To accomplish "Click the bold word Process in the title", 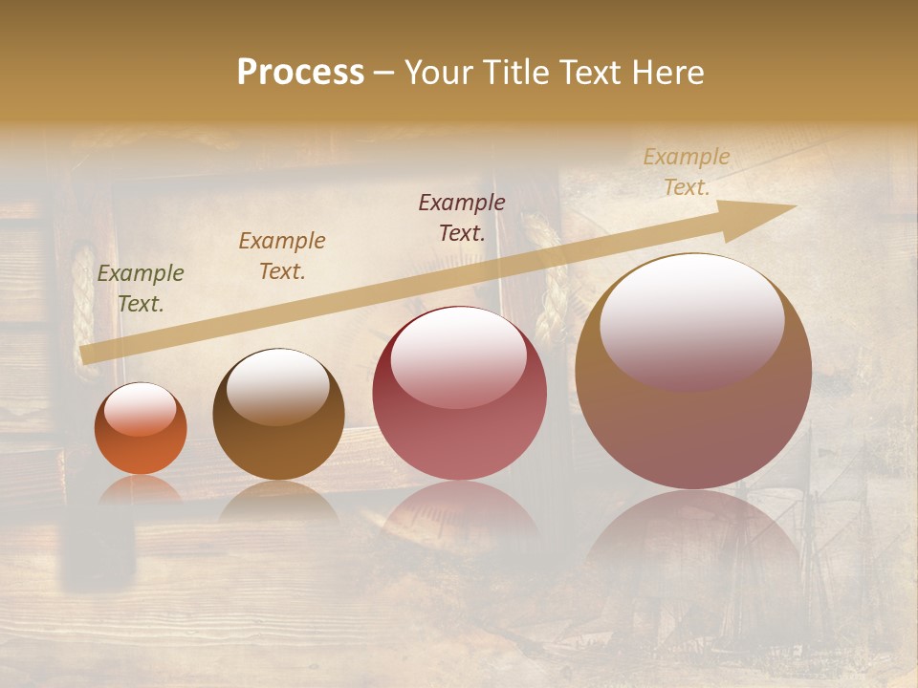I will click(300, 73).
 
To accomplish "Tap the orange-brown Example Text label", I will click(282, 256).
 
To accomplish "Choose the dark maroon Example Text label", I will click(462, 217).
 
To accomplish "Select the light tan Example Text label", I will click(687, 172).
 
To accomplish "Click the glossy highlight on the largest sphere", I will click(692, 320).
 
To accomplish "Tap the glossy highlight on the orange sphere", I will click(141, 410).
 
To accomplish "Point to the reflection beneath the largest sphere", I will click(693, 545).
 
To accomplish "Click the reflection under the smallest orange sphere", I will click(141, 489).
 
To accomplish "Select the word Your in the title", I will click(438, 73).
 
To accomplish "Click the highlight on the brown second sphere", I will click(278, 386).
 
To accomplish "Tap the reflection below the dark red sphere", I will click(459, 506).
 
